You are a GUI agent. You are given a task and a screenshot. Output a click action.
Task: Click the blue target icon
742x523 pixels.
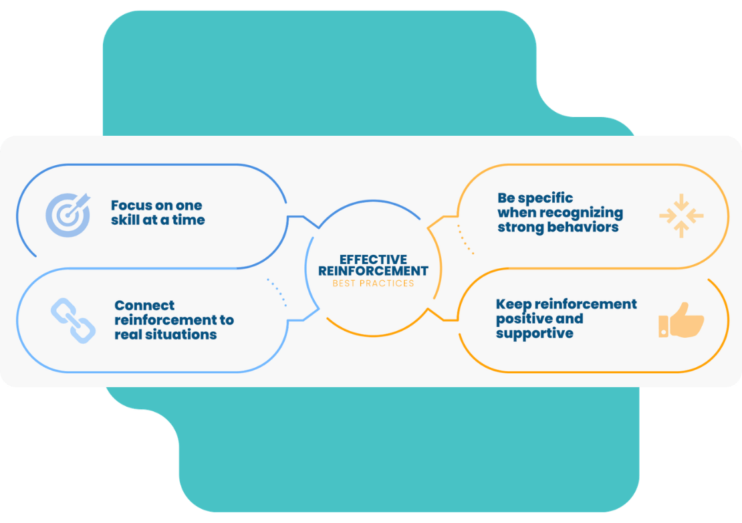[68, 215]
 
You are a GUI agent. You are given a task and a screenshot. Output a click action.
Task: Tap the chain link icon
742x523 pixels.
[73, 321]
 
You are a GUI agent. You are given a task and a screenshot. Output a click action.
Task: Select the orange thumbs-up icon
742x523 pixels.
[681, 320]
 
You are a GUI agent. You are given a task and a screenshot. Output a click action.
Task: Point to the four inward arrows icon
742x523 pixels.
[681, 215]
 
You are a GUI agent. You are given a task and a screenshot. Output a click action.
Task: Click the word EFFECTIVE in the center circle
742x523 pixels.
[373, 259]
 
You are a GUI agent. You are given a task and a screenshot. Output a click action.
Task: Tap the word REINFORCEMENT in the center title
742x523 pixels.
[373, 271]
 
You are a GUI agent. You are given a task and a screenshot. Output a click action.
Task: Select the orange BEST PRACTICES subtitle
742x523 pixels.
[373, 283]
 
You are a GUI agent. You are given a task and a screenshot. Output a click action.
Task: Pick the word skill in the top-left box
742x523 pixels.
[126, 219]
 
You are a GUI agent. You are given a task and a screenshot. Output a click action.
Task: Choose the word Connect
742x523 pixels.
[144, 306]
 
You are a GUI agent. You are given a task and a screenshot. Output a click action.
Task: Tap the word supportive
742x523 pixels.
[534, 333]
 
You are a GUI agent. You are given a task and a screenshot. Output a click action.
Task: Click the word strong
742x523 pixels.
[519, 227]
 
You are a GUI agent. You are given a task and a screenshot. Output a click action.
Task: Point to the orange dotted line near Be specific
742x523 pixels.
[465, 239]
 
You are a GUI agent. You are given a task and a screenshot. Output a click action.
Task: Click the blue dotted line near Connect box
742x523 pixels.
[277, 292]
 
